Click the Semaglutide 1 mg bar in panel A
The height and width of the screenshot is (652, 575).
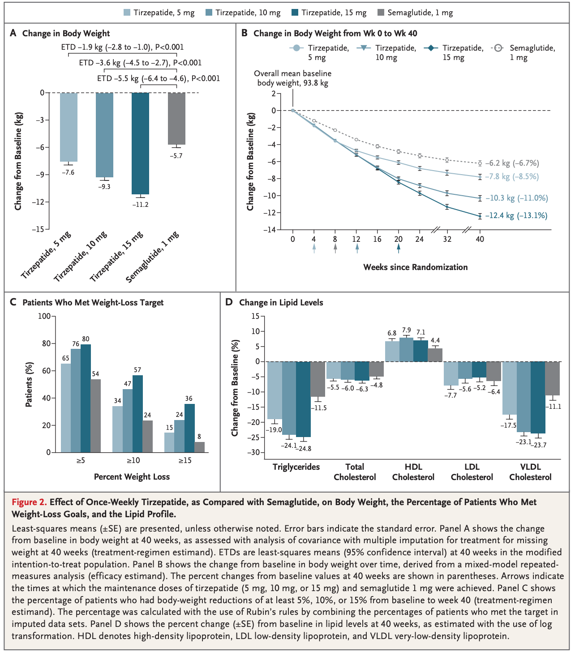176,118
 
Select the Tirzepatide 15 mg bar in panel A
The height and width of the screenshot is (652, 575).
140,144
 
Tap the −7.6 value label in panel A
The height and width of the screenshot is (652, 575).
68,172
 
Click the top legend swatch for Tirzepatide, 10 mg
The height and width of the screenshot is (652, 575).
209,13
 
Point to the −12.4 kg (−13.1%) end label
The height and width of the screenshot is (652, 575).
516,215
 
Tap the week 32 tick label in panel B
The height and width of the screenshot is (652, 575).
447,239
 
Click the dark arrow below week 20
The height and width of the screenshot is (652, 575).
399,249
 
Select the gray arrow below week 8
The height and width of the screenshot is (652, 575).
335,249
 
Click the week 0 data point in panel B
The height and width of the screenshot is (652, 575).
293,110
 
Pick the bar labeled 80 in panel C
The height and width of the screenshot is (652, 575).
86,399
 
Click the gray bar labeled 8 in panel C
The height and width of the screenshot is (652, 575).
199,447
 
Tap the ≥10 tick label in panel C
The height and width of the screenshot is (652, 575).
133,460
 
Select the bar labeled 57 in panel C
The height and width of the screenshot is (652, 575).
138,414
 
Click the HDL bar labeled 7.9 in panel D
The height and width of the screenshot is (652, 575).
406,349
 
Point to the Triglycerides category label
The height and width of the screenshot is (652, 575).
296,467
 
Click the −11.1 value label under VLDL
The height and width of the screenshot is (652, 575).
553,407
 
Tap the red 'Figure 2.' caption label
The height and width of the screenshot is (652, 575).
29,502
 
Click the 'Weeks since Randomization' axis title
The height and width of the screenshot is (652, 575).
416,267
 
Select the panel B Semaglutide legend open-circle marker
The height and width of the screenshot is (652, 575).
498,48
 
